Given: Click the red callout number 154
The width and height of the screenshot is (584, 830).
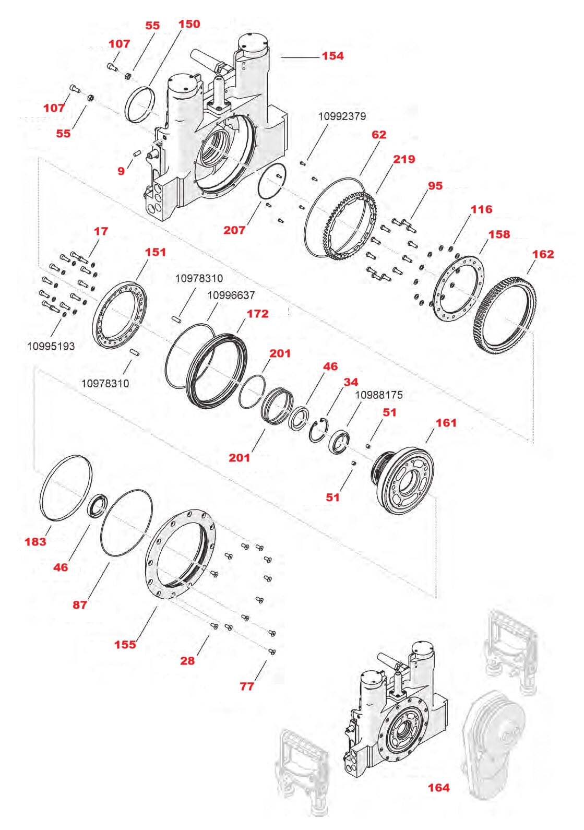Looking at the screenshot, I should point(332,56).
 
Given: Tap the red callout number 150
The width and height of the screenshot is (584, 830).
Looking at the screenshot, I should point(189,24).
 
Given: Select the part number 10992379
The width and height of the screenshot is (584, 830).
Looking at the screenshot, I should point(342,116).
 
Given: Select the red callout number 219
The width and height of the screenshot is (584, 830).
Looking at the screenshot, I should point(404,159).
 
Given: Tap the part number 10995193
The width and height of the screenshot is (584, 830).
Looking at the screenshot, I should point(51,346).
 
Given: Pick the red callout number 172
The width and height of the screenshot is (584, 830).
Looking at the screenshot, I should point(257,314).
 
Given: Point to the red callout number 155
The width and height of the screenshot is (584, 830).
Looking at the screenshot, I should point(125,645).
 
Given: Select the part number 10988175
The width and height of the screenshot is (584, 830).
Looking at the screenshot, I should point(379,395).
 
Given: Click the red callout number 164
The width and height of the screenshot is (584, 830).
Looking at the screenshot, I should point(438,788).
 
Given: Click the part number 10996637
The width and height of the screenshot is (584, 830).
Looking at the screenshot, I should point(231,295).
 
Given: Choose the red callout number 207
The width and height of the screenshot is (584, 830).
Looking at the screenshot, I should point(234,230).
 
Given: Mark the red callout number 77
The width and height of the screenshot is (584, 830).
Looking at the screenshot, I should point(247,686).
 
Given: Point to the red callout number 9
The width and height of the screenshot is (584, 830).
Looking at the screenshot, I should point(121,171).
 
